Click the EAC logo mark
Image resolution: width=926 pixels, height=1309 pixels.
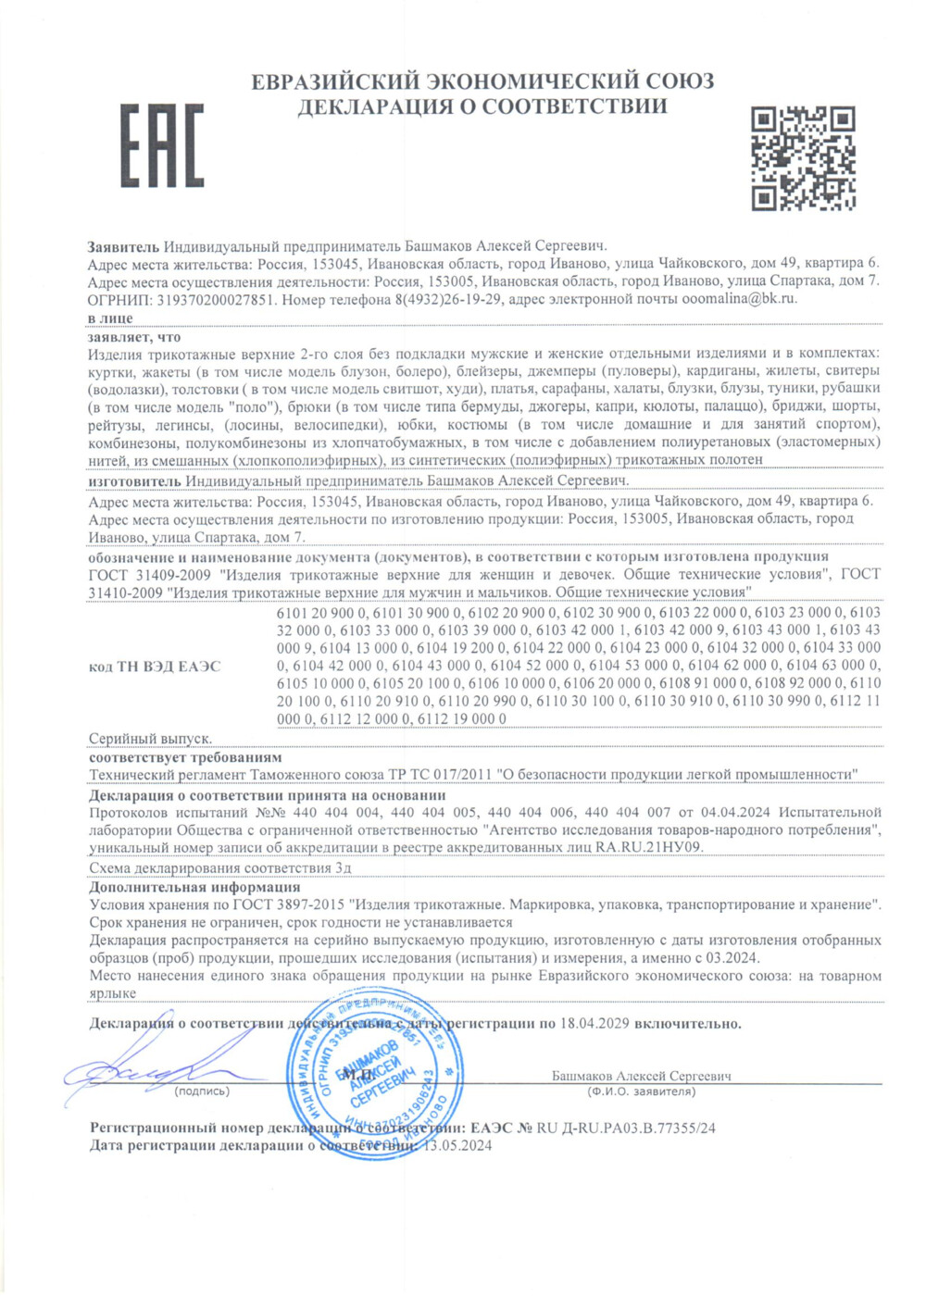click(162, 145)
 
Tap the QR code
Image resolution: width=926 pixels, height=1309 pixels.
click(802, 157)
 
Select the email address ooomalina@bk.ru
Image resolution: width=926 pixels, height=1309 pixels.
click(739, 298)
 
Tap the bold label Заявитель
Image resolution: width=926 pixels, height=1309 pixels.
click(123, 246)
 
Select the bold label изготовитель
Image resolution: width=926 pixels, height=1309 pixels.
click(134, 480)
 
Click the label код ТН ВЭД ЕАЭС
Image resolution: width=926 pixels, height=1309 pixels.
click(155, 666)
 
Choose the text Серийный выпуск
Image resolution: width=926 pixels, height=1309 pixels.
click(150, 739)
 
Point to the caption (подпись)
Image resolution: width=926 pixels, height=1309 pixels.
click(202, 1091)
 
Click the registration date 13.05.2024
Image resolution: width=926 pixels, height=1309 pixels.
click(457, 1145)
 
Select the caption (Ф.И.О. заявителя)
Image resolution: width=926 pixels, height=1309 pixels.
click(641, 1091)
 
